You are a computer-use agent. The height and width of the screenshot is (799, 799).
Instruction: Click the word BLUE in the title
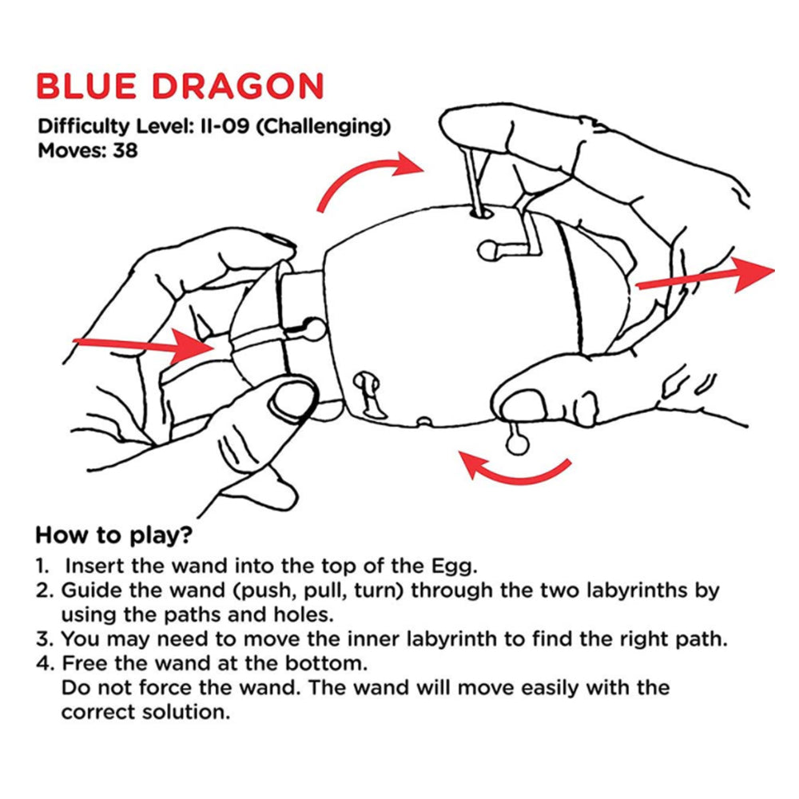click(87, 85)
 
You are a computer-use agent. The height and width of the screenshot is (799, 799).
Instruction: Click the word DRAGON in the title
click(238, 85)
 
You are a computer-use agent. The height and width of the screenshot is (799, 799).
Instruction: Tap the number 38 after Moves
click(125, 151)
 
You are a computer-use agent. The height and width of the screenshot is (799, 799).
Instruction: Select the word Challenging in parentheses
click(323, 126)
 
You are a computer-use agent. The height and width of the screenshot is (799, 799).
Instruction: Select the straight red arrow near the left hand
click(144, 345)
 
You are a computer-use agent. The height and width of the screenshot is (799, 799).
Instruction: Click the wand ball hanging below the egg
click(518, 444)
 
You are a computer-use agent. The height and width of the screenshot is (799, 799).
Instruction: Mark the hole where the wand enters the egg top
click(481, 213)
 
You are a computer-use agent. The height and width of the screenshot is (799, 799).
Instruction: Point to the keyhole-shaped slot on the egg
click(368, 392)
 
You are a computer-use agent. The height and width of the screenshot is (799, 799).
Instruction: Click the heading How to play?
click(114, 535)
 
